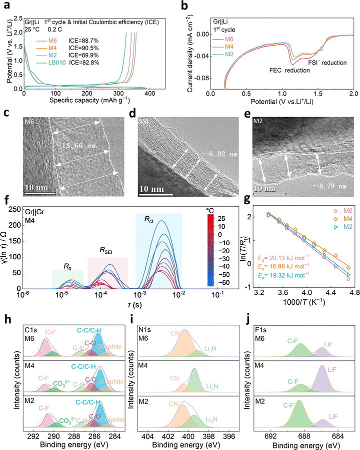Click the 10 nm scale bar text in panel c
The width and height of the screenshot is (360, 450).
pyautogui.click(x=36, y=189)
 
